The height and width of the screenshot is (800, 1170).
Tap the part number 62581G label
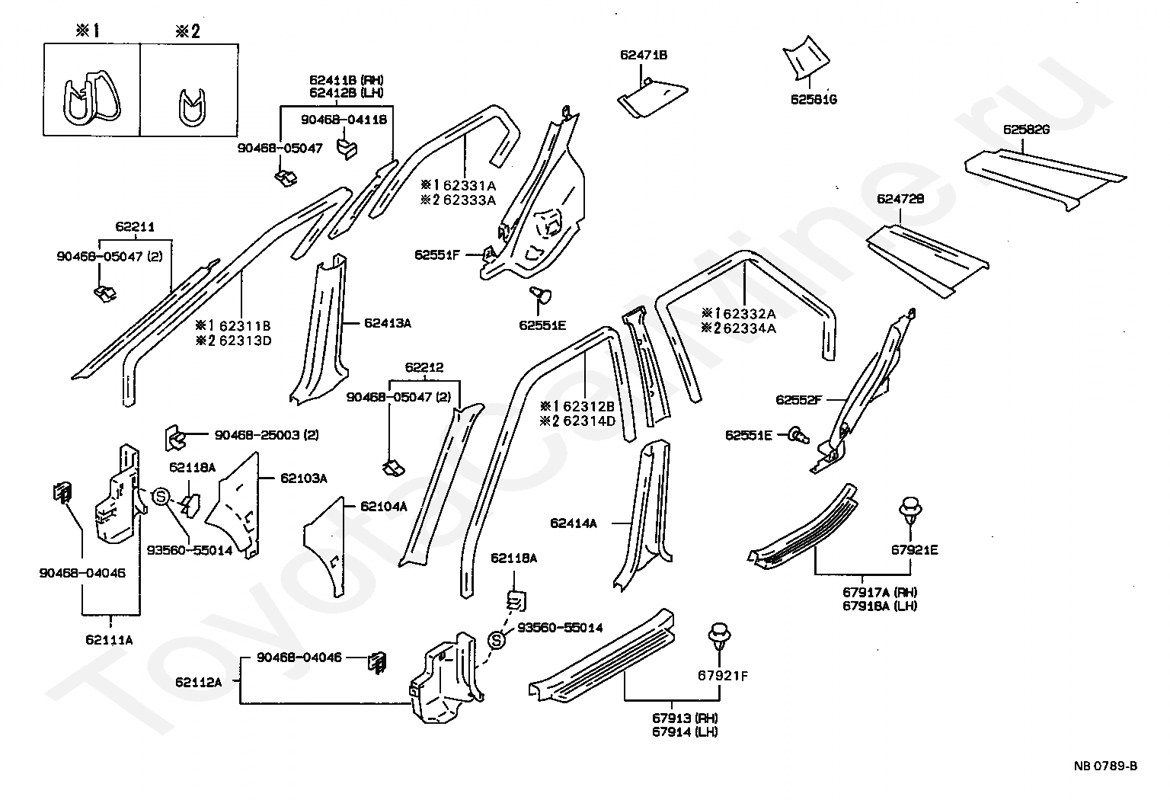click(x=814, y=99)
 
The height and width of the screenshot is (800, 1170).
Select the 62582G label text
click(x=1026, y=130)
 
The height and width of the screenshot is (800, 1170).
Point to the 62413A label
click(x=387, y=323)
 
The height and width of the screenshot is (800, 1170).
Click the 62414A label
click(x=573, y=523)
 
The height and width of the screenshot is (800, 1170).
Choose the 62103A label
click(x=303, y=478)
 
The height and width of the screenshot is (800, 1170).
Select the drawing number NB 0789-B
click(x=1106, y=766)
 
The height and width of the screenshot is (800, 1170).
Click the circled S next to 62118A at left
click(x=161, y=497)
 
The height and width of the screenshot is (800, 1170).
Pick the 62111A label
click(x=109, y=640)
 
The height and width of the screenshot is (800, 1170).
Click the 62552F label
click(x=798, y=399)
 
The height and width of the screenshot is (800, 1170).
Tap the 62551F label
click(x=437, y=254)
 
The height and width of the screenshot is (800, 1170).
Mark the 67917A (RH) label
click(x=868, y=592)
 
